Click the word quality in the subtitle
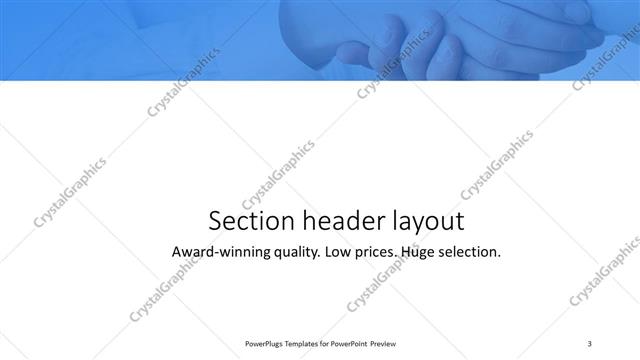(x=295, y=253)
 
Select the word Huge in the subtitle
(x=418, y=253)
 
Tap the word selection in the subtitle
(x=470, y=252)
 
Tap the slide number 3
(x=590, y=342)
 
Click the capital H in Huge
(x=405, y=252)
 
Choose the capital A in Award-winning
(x=178, y=252)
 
